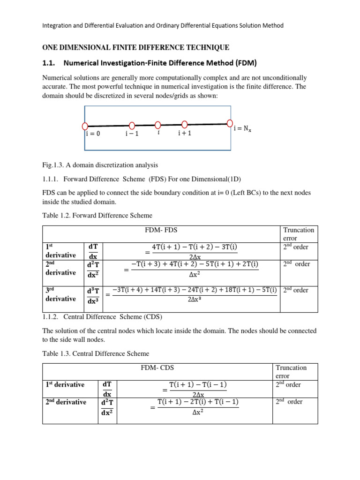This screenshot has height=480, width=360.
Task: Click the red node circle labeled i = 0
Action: click(x=85, y=126)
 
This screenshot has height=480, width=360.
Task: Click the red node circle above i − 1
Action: click(x=132, y=125)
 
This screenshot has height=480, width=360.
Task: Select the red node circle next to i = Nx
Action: click(x=230, y=123)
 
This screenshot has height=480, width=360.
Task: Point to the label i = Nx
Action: click(x=242, y=129)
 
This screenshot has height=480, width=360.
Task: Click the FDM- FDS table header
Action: click(x=162, y=230)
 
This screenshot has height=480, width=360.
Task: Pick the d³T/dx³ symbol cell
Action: click(x=93, y=294)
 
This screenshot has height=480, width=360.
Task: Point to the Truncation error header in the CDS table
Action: click(x=292, y=372)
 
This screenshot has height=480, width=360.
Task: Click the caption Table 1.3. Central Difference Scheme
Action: click(x=96, y=353)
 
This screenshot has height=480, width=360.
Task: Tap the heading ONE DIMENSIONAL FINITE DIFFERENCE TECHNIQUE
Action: click(x=136, y=48)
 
